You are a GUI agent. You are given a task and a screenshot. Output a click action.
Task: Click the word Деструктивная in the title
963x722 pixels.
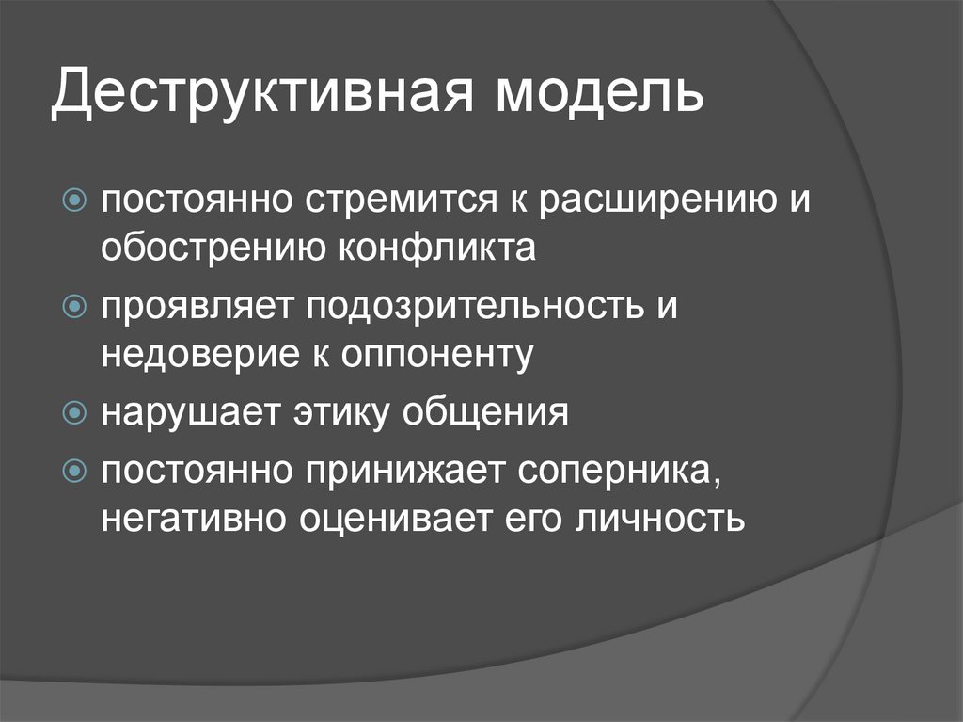[x=263, y=93]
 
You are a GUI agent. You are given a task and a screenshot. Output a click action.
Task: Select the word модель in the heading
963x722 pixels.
[x=599, y=93]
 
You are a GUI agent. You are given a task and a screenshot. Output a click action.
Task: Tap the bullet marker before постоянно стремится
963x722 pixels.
[x=75, y=200]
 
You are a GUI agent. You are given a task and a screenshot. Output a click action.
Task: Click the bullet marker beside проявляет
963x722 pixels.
[x=75, y=306]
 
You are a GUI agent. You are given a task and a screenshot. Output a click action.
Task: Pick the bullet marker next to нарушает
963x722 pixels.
[x=75, y=412]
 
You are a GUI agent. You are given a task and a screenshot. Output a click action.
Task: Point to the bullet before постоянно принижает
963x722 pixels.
[x=75, y=471]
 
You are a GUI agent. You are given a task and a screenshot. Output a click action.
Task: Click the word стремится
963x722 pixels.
[x=402, y=201]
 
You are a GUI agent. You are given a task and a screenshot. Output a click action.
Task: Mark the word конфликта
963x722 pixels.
[x=437, y=248]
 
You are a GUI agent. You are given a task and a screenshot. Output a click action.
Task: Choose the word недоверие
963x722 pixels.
[x=200, y=355]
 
